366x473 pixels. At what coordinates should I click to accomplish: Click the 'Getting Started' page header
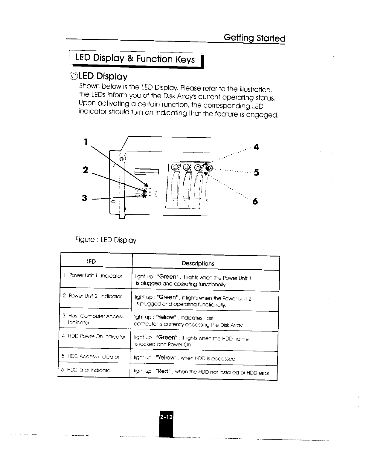[254, 38]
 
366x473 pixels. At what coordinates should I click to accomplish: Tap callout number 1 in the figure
[86, 142]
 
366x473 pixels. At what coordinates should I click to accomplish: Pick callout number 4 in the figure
[256, 147]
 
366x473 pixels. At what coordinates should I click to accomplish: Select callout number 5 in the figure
[256, 173]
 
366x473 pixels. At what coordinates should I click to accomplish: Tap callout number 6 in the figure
[255, 202]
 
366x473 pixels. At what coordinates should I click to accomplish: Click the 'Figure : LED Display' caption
[106, 240]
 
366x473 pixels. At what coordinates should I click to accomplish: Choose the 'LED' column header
[91, 262]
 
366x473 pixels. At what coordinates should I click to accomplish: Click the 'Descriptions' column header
[198, 264]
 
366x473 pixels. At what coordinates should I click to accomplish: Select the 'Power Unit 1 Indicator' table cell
[93, 276]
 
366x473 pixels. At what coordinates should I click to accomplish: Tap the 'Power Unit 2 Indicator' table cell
[92, 296]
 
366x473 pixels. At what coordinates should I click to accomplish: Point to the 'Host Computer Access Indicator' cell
[93, 319]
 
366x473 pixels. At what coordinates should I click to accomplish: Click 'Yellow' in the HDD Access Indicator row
[166, 357]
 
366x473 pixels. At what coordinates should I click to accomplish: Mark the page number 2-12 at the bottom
[166, 417]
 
